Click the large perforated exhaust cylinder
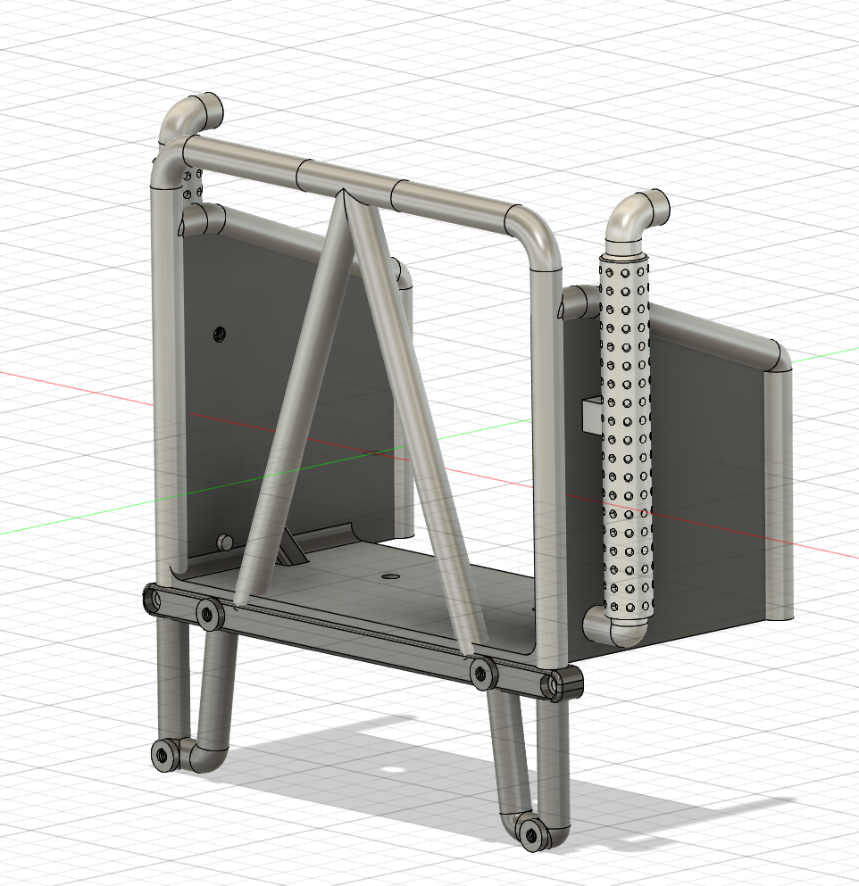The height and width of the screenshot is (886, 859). click(626, 437)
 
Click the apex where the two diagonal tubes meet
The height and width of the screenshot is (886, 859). click(343, 195)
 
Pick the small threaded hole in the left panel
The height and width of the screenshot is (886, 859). click(217, 335)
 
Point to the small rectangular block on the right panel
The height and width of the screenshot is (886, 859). click(592, 414)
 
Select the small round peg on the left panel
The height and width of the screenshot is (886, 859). click(223, 542)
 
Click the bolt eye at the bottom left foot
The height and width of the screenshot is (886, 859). click(163, 755)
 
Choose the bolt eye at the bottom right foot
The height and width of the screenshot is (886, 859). click(533, 833)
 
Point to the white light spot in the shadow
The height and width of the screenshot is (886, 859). click(389, 770)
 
